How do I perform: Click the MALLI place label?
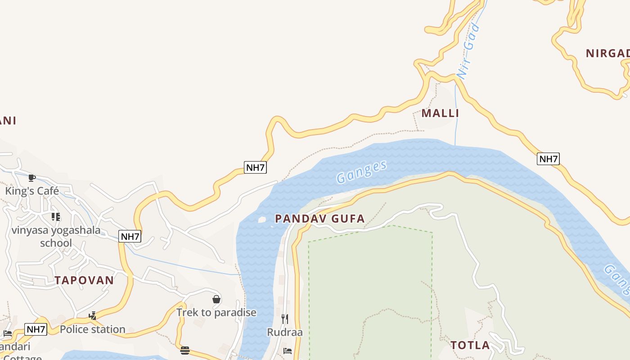click(440, 113)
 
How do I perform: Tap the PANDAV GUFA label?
click(319, 219)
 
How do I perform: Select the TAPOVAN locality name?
click(84, 280)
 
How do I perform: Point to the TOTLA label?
click(470, 346)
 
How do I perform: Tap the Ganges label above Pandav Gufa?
click(361, 171)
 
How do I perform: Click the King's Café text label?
click(32, 191)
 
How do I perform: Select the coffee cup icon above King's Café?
click(31, 178)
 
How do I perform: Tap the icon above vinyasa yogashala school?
click(56, 217)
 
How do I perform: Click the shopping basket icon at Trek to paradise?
click(216, 299)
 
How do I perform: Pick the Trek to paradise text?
click(216, 312)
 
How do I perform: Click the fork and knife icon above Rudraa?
click(285, 319)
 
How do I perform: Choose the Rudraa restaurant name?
click(285, 333)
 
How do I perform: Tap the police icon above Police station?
click(93, 316)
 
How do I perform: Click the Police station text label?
click(93, 329)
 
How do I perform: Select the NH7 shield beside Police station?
click(36, 329)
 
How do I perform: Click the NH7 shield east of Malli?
click(548, 159)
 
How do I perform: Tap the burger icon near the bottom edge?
click(184, 351)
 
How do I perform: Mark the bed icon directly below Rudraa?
click(288, 351)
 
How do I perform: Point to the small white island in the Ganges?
click(261, 220)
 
